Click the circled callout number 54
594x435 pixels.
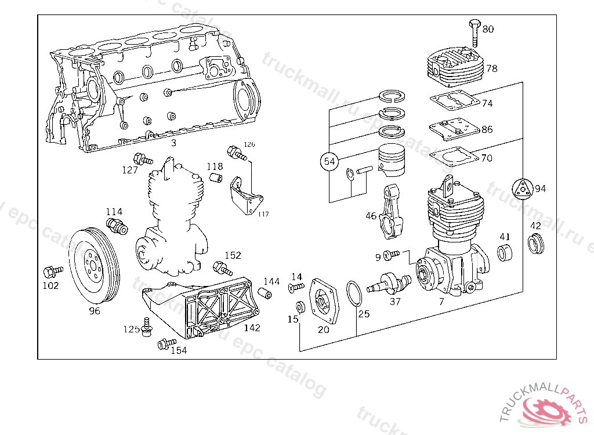pos(329,162)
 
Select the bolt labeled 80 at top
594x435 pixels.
pos(473,32)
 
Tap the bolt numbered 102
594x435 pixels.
pos(52,271)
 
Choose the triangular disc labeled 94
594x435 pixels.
pos(522,188)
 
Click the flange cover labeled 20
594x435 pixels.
pos(323,300)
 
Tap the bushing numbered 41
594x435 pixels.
pos(506,253)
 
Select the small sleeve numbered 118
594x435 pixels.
pos(216,176)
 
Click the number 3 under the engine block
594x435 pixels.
pos(173,143)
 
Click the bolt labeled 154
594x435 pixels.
pos(166,345)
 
